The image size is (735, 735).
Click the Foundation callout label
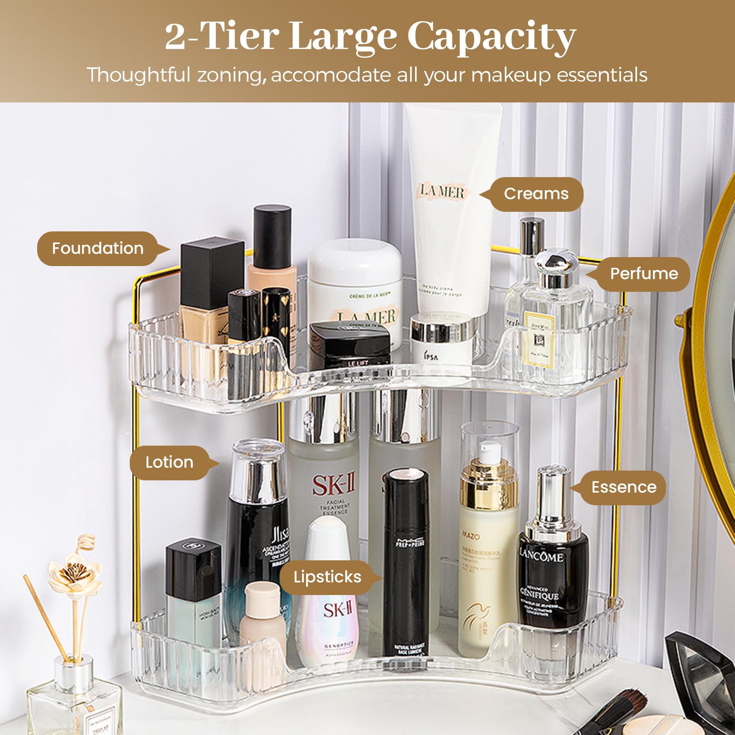pos(98,249)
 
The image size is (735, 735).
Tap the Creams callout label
pos(536,194)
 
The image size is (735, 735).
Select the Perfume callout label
pos(644,274)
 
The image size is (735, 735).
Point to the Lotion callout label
pos(169,462)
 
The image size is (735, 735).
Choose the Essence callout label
pos(624,487)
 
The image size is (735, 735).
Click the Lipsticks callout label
pos(327,577)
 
